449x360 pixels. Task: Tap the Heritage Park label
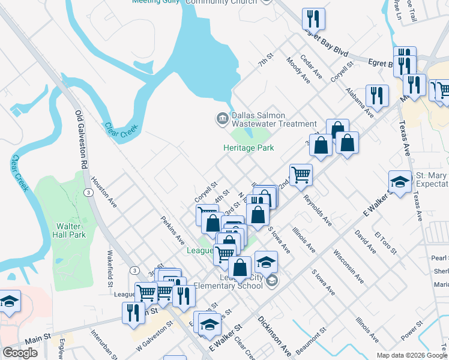pos(248,148)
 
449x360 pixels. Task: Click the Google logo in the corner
pos(20,353)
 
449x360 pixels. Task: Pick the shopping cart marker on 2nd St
pos(301,175)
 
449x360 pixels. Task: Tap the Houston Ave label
pos(104,193)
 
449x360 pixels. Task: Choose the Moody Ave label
pos(298,70)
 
